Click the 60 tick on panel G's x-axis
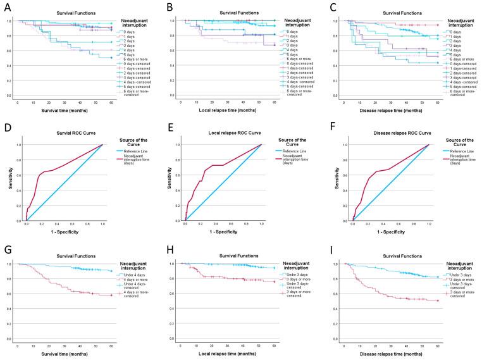111,345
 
